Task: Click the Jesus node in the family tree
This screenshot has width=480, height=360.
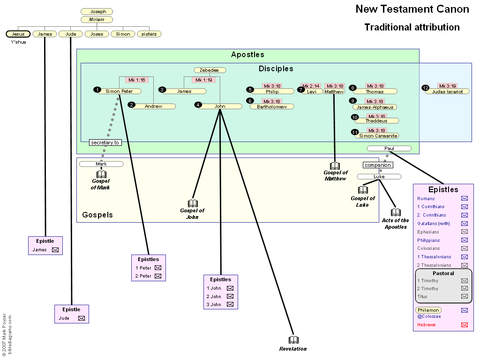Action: pyautogui.click(x=18, y=34)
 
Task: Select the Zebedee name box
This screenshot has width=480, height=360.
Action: pyautogui.click(x=210, y=70)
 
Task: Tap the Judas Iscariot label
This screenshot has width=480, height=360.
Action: pyautogui.click(x=447, y=91)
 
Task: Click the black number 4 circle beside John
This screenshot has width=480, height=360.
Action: pyautogui.click(x=198, y=105)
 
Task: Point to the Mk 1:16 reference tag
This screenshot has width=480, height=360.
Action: pyautogui.click(x=137, y=80)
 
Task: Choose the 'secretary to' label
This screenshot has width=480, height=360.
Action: pyautogui.click(x=105, y=142)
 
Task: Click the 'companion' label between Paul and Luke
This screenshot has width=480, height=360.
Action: pyautogui.click(x=378, y=165)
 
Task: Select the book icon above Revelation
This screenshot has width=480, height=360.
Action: pyautogui.click(x=293, y=340)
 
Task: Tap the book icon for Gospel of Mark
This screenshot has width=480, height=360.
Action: pyautogui.click(x=101, y=174)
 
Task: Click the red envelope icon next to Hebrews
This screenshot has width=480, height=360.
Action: pyautogui.click(x=465, y=325)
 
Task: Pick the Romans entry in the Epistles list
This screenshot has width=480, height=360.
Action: pyautogui.click(x=426, y=199)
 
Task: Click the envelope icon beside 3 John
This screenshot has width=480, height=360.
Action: pyautogui.click(x=230, y=304)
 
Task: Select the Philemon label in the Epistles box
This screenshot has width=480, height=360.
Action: pyautogui.click(x=428, y=310)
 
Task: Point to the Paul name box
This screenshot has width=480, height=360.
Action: pyautogui.click(x=389, y=149)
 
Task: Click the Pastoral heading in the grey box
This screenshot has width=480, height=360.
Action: pyautogui.click(x=443, y=273)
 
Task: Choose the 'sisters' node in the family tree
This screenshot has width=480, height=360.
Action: pyautogui.click(x=149, y=34)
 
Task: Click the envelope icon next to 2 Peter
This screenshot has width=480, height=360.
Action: pyautogui.click(x=158, y=276)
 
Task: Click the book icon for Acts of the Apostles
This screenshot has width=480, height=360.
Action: pyautogui.click(x=396, y=212)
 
